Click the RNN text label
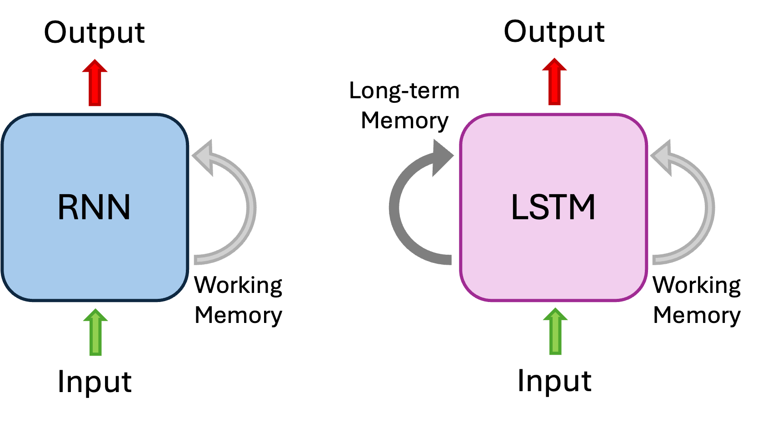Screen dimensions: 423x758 coord(94,207)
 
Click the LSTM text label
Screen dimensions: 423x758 coord(553,207)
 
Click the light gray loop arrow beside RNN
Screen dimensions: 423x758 coord(249,207)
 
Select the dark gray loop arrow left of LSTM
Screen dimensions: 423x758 coord(395,207)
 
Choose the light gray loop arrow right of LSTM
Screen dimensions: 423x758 coord(708,207)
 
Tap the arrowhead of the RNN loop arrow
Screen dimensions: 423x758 coord(203,157)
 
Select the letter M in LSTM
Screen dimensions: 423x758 coord(582,207)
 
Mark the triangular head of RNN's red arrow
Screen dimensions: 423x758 coord(95,66)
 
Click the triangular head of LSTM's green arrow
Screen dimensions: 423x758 coord(555,314)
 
